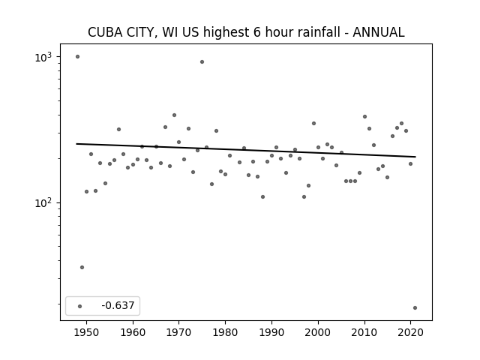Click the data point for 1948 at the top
[x=77, y=57]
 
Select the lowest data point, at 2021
[x=415, y=308]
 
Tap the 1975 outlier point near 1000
[x=202, y=61]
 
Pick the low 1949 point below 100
[x=82, y=267]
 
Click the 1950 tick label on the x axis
[x=87, y=332]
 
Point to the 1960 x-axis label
[x=133, y=332]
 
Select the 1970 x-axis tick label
[x=179, y=332]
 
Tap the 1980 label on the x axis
[x=225, y=332]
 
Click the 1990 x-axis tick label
[x=271, y=332]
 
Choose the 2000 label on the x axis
[x=318, y=332]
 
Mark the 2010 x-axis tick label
[x=364, y=332]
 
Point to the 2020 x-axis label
[x=410, y=332]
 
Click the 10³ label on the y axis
[x=43, y=57]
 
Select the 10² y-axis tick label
[x=43, y=203]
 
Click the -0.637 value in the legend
[x=118, y=305]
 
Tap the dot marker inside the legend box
[x=80, y=306]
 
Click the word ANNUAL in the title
[x=379, y=32]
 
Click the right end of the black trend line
[x=415, y=157]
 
